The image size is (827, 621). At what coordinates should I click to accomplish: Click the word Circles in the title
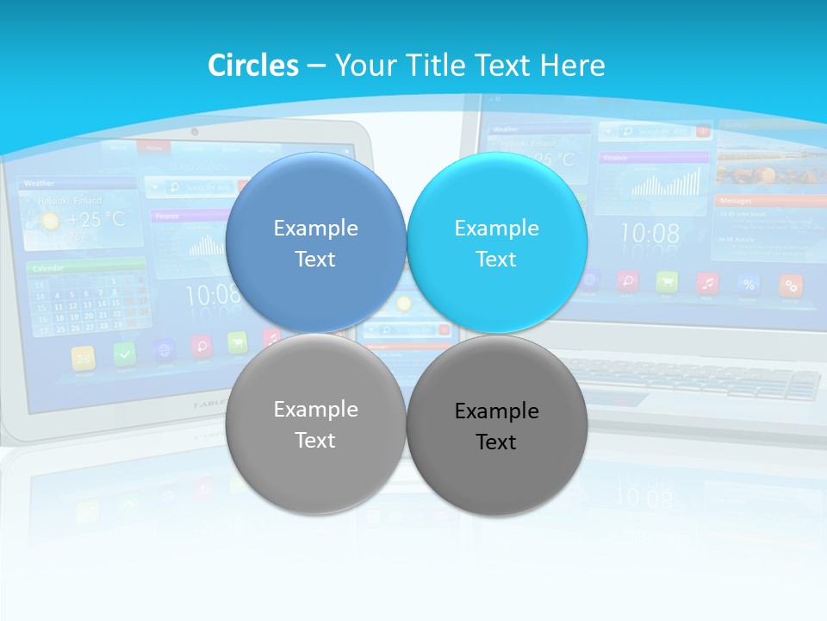point(252,66)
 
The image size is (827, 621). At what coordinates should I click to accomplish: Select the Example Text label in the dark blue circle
point(315,243)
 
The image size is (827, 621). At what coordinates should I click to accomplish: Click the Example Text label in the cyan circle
point(496,243)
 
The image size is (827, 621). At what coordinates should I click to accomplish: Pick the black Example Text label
point(496,426)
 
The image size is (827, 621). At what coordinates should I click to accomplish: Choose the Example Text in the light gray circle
point(315,424)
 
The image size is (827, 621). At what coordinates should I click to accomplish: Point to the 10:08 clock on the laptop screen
point(650,234)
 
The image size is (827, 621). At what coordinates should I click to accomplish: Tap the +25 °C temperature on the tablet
point(96,220)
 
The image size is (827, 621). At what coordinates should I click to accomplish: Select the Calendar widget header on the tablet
point(49,268)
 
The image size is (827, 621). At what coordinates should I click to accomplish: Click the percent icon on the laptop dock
point(749,284)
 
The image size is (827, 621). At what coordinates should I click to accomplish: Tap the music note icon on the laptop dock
point(707,282)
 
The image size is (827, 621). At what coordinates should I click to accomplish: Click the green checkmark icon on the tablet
point(124,353)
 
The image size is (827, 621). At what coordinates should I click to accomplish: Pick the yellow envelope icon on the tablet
point(84,356)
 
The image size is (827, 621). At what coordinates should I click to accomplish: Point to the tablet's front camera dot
point(195,131)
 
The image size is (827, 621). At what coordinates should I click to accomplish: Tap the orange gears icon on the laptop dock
point(790,285)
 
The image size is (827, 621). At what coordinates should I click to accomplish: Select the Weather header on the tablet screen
point(40,183)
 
